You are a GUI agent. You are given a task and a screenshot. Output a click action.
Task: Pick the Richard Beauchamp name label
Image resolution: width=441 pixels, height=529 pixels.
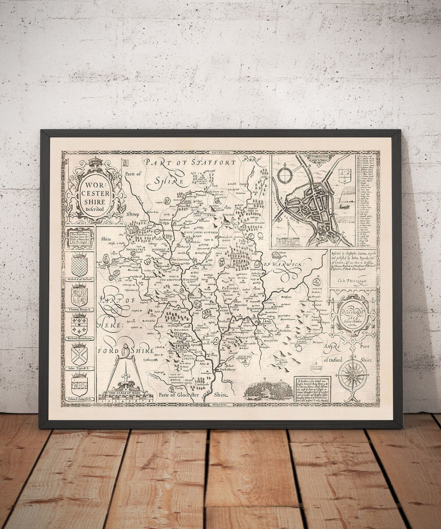(79, 338)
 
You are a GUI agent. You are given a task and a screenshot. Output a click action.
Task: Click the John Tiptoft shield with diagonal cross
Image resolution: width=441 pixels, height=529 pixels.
(79, 353)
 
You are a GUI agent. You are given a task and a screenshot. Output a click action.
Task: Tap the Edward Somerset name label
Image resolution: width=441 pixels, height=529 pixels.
(79, 400)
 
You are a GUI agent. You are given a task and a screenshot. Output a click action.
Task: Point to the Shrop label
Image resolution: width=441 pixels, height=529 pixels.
(132, 214)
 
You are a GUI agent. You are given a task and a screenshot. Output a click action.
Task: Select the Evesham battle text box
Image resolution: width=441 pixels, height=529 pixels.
(312, 389)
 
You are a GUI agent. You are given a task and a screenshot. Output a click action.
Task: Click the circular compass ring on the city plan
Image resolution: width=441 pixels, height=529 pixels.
(284, 175)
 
